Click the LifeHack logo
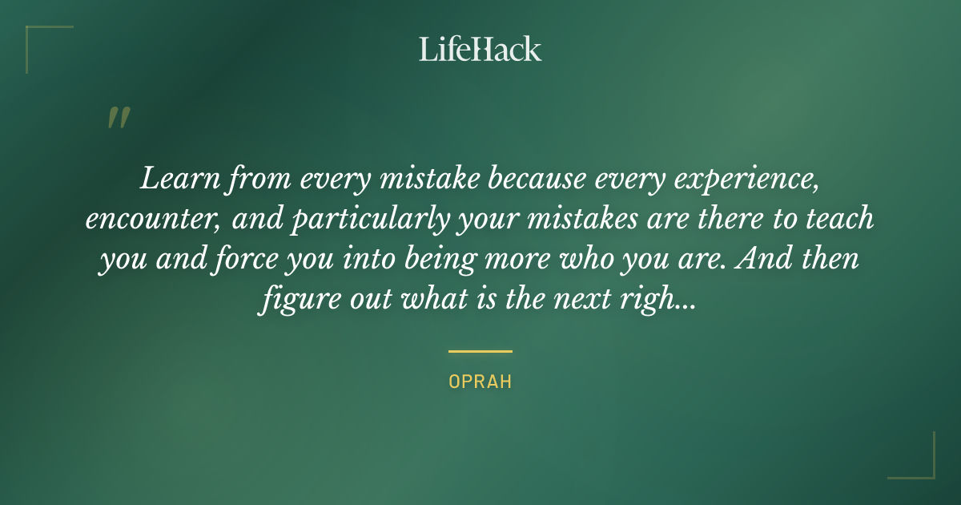coord(480,49)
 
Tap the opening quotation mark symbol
coord(118,119)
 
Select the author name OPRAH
coord(480,382)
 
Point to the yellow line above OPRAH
coord(480,351)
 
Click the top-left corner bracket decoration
coord(40,40)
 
